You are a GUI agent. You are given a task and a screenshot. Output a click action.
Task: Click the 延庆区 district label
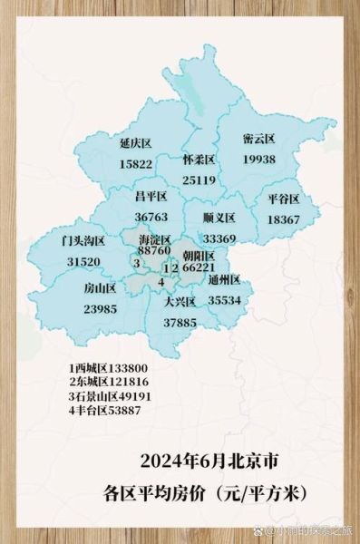coord(135,144)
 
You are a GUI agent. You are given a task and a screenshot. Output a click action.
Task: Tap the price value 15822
coord(135,164)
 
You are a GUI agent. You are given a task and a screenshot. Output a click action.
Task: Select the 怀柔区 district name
coord(198,160)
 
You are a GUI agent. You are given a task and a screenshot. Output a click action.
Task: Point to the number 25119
coord(198,180)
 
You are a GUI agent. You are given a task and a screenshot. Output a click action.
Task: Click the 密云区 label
coord(258,140)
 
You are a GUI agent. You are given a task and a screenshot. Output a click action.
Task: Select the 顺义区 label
coord(219,219)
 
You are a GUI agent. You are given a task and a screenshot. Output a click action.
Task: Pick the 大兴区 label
coord(180,302)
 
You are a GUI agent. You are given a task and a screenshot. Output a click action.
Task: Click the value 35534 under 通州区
coord(224,299)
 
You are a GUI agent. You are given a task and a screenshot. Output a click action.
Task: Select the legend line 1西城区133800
coord(108,369)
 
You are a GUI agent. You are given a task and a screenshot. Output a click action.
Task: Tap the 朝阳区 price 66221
coord(198,268)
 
